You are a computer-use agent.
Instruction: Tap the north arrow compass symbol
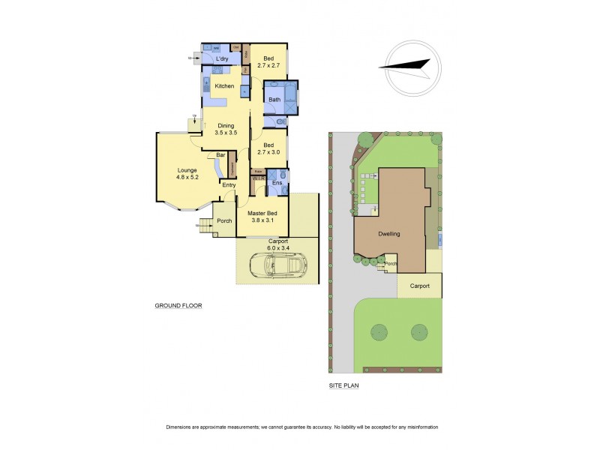pos(409,67)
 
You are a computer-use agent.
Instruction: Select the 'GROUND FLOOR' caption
pos(178,306)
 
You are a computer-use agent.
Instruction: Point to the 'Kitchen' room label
pos(224,86)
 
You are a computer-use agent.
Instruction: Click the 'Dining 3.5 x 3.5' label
pos(226,129)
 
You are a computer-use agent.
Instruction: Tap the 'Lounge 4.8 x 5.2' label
pos(187,173)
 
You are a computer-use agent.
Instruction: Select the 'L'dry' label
pos(221,58)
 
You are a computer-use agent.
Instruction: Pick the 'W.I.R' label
pos(257,178)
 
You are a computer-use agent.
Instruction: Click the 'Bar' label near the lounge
pos(220,155)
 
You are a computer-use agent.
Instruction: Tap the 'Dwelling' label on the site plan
pos(388,234)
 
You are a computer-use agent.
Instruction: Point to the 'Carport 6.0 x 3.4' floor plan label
pos(277,244)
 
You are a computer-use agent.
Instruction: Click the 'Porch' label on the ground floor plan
pos(223,220)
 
